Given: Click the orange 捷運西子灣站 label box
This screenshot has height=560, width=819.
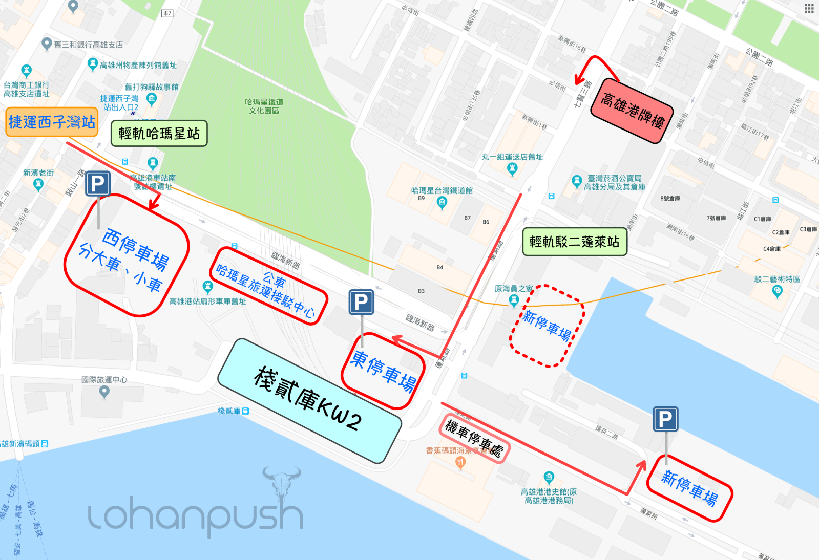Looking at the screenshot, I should (52, 122).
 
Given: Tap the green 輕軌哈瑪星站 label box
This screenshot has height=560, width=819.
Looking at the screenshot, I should (159, 134).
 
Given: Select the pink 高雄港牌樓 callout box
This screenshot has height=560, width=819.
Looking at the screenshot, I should (632, 110).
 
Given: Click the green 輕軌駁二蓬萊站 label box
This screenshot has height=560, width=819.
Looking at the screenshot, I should (574, 242).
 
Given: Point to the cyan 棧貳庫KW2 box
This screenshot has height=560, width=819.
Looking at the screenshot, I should (309, 401).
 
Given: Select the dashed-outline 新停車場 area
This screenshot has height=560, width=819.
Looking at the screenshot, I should (547, 326).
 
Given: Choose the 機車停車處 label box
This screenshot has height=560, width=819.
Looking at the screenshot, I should (474, 438).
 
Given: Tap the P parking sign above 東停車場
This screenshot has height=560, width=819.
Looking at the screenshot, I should (361, 302).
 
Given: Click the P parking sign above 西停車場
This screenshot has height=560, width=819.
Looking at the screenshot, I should (97, 183).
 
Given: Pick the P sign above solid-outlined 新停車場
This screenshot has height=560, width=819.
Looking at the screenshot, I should (665, 419).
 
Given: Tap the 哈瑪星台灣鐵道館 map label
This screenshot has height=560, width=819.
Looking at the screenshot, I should (442, 190).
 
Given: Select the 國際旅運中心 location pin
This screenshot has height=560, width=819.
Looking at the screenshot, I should (104, 392).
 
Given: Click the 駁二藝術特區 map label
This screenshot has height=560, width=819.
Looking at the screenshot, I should (777, 279).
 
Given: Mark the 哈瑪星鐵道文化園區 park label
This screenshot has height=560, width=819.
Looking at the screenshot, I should (264, 106).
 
